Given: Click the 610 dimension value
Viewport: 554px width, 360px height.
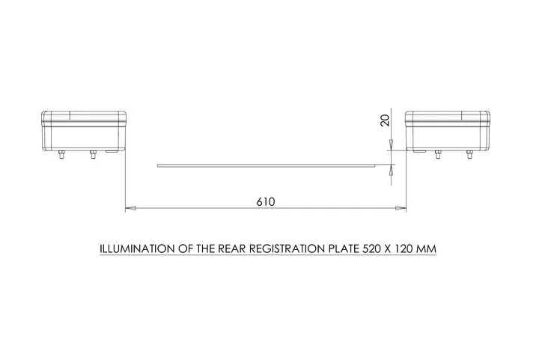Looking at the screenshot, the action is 265,201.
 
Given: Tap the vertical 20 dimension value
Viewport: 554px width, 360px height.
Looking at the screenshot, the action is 385,120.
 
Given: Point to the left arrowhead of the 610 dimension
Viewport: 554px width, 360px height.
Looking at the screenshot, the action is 130,208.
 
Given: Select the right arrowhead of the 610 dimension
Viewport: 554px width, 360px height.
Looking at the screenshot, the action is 401,208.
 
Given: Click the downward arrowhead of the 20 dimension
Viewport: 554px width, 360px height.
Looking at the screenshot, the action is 391,145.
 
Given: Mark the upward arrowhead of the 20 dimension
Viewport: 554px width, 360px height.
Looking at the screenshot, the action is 391,171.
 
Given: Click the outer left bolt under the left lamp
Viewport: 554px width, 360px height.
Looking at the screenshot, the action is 62,155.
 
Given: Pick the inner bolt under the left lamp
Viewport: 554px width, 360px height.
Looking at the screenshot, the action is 93,155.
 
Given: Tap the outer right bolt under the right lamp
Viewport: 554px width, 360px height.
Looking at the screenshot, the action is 469,155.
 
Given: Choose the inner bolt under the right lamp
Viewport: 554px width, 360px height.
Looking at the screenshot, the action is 438,155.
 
